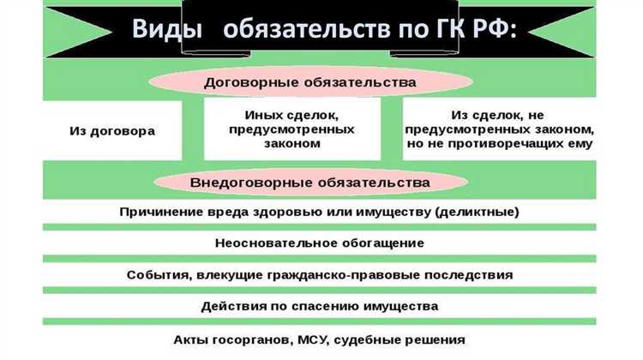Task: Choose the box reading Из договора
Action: click(112, 131)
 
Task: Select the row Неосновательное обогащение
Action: click(319, 243)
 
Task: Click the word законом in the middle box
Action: click(292, 144)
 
